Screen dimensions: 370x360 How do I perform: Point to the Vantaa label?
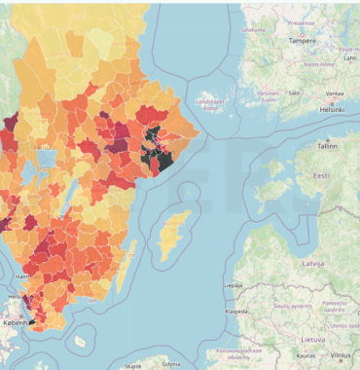[334, 93]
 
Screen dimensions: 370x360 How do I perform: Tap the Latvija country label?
[313, 264]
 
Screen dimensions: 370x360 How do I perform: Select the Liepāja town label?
[234, 285]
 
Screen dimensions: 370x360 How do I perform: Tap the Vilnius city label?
[341, 356]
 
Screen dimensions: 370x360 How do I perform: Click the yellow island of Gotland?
[176, 230]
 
